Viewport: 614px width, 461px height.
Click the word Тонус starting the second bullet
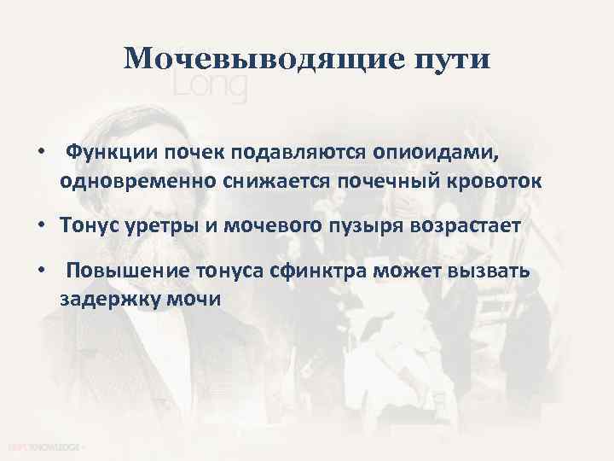(87, 226)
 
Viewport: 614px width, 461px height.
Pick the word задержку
(107, 300)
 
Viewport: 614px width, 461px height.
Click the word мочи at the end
(194, 300)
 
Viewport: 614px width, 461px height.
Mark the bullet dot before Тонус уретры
(41, 226)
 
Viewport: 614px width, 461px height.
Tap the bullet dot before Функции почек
(41, 151)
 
